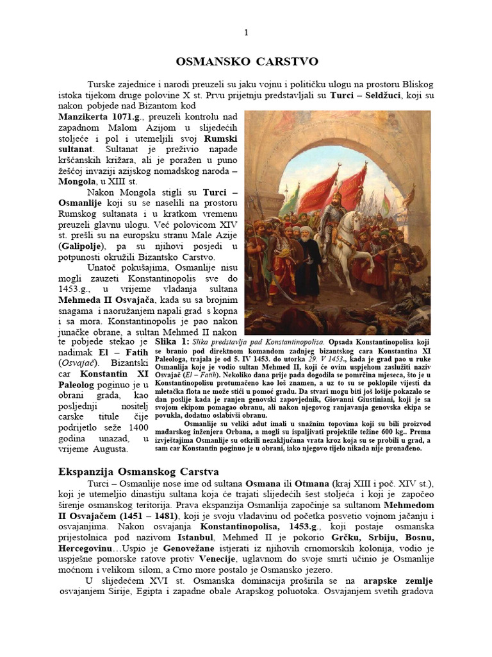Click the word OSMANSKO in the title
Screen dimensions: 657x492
[209, 62]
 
